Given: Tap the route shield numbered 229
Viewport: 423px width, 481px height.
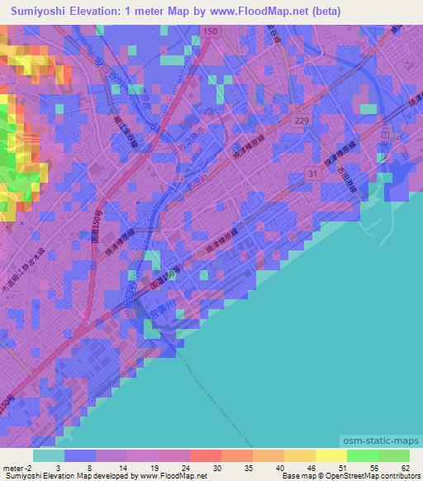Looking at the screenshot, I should [302, 121].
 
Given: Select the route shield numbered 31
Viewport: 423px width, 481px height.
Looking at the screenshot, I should [310, 173].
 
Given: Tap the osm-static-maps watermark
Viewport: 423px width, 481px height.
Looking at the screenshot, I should [383, 443].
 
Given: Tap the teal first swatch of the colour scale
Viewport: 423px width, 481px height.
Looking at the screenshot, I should [49, 455].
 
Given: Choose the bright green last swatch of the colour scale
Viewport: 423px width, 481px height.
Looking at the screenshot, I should [394, 455].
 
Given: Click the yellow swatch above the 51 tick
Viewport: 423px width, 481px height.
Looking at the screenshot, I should [330, 455].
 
